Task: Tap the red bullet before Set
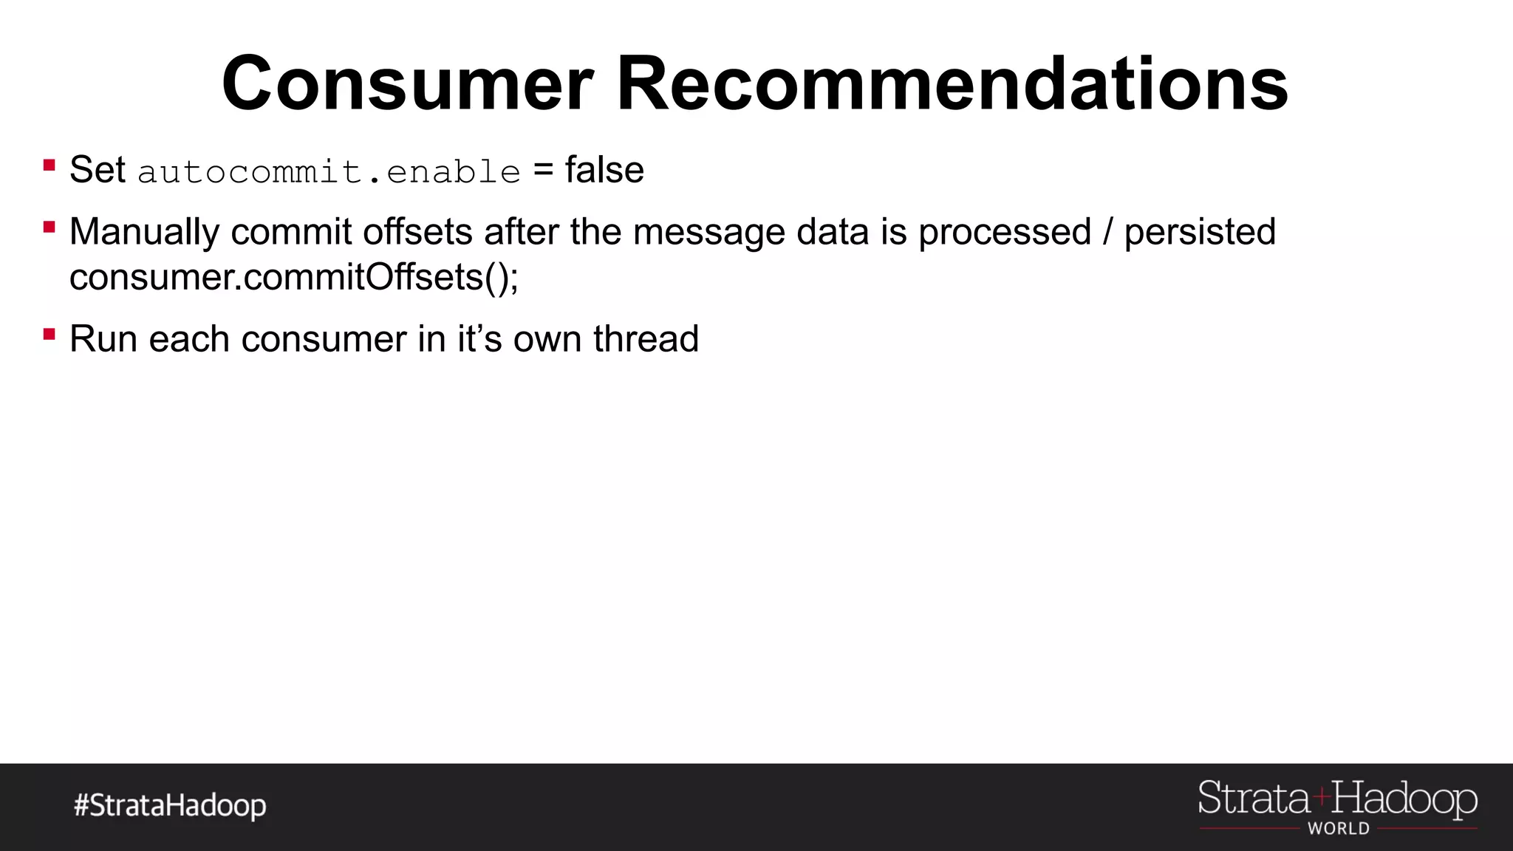point(49,165)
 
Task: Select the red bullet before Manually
point(49,227)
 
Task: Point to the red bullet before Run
point(49,334)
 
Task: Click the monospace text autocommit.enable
point(329,172)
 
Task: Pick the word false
point(604,170)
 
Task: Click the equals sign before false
point(543,171)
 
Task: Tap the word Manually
point(144,233)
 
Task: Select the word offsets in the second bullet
point(417,232)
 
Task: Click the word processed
point(1005,233)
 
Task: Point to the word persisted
point(1200,233)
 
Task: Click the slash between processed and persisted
point(1107,233)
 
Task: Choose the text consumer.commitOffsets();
point(294,278)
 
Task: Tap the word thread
point(646,339)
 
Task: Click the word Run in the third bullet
point(103,339)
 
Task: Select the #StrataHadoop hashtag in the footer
point(170,805)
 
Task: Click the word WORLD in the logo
point(1339,829)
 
